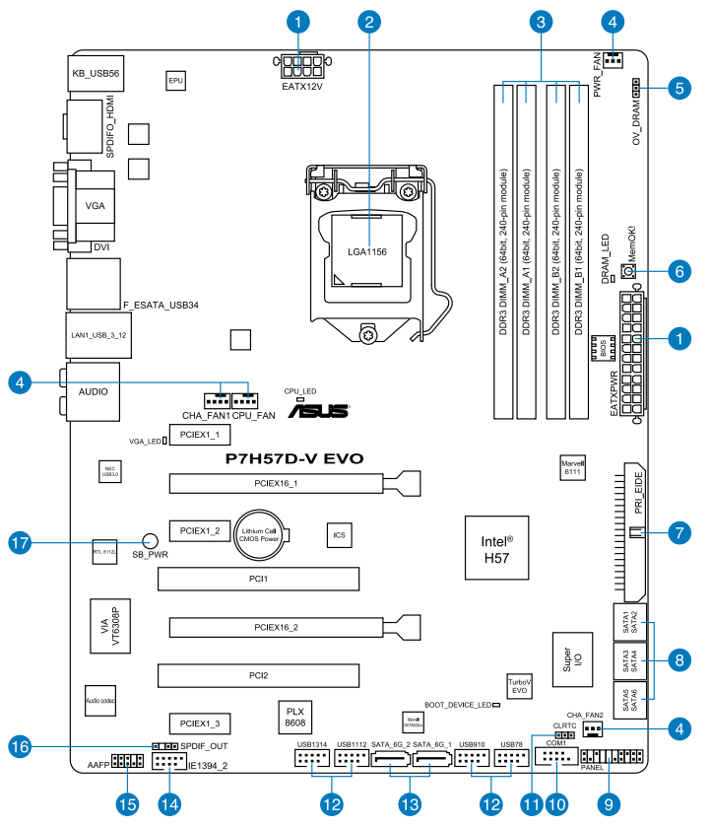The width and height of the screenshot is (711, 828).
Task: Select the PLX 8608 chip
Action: pyautogui.click(x=294, y=716)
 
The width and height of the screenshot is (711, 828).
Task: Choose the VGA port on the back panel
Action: pyautogui.click(x=95, y=206)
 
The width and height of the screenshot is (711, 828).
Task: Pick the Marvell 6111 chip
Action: pyautogui.click(x=573, y=468)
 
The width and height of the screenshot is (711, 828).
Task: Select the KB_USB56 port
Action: pyautogui.click(x=95, y=73)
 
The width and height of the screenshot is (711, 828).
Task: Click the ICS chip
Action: pyautogui.click(x=339, y=535)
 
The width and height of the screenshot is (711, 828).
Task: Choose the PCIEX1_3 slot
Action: pyautogui.click(x=200, y=723)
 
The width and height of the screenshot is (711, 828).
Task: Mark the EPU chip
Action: pyautogui.click(x=176, y=79)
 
